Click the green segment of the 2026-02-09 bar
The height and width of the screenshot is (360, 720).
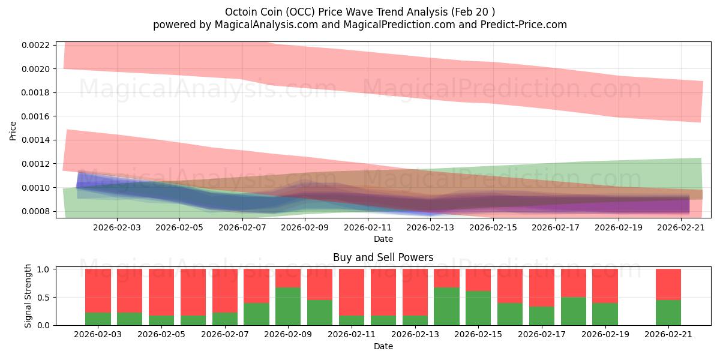point(288,306)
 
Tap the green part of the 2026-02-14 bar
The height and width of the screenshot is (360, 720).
point(446,306)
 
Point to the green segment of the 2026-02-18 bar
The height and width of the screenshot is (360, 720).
point(574,311)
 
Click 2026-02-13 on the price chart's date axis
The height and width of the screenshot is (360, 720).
point(430,228)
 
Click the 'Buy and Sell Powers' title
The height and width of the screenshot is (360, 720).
point(383,258)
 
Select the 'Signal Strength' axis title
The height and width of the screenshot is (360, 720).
point(28,296)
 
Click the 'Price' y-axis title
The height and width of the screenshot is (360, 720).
point(13,130)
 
